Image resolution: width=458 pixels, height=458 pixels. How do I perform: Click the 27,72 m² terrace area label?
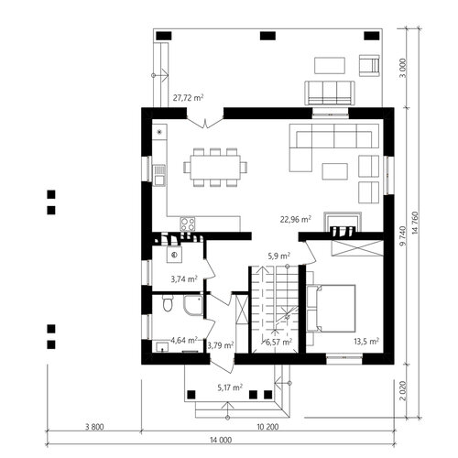click(188, 98)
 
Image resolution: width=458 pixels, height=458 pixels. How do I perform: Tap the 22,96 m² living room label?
click(296, 219)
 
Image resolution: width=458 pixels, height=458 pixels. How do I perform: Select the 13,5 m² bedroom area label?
click(366, 341)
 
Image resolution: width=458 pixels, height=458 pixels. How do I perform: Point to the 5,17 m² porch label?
click(230, 387)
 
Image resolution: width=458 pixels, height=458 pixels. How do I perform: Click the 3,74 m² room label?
click(184, 278)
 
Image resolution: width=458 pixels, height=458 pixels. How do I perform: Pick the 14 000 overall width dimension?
click(221, 440)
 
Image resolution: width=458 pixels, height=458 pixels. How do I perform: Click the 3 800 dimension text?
click(94, 427)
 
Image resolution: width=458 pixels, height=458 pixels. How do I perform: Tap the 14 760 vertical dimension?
click(415, 224)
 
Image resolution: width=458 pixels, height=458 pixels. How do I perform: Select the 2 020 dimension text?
click(403, 390)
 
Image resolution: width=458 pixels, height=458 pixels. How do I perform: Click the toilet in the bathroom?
click(168, 302)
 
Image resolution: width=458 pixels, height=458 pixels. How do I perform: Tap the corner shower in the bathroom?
click(193, 305)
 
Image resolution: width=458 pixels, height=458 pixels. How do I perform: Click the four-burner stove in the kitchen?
click(188, 224)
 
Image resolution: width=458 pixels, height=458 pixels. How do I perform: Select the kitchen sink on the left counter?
click(158, 175)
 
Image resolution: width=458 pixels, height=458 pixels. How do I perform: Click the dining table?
click(215, 168)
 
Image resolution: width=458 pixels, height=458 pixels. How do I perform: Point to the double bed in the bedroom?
click(332, 309)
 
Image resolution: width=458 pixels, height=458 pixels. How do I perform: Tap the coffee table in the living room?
click(335, 171)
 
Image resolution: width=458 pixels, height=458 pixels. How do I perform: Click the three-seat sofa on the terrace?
click(330, 93)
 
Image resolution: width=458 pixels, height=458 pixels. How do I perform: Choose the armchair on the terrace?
click(369, 65)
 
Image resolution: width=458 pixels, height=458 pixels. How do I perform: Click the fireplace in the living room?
click(343, 224)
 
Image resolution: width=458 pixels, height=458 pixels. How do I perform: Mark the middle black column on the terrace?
click(267, 36)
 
